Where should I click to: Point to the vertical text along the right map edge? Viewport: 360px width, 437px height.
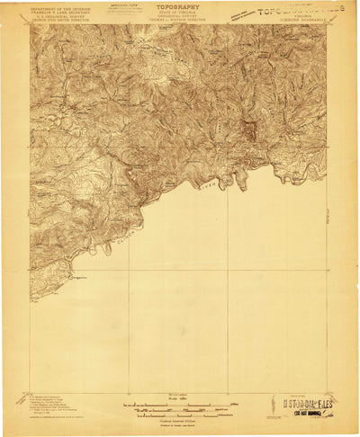coord(327,216)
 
